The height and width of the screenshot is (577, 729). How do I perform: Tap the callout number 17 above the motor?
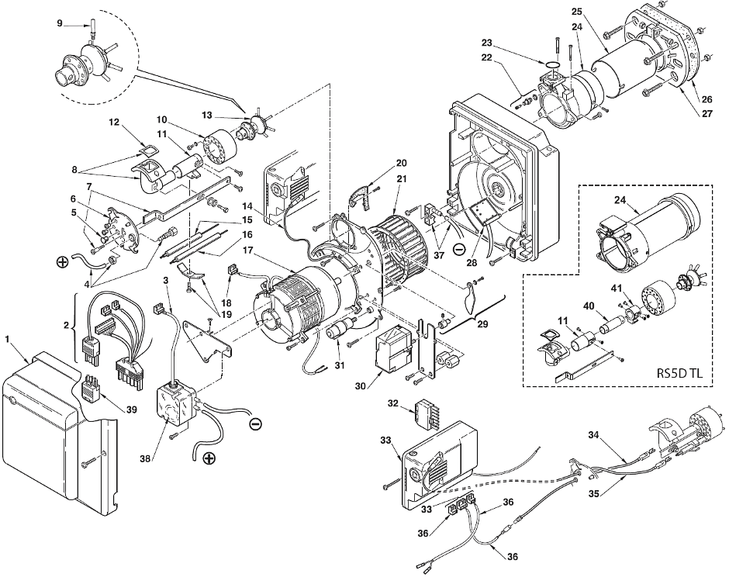point(247,251)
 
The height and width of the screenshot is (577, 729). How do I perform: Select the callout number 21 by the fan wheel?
point(402,179)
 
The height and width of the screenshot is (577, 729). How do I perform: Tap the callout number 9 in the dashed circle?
point(60,22)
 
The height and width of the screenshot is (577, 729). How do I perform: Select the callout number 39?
point(132,409)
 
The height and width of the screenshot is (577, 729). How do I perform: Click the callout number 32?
point(394,403)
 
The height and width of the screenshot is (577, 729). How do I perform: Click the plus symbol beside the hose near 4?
point(62,261)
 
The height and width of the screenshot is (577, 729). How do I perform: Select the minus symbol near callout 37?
point(458,249)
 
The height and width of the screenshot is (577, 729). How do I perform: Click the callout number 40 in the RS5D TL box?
point(589,306)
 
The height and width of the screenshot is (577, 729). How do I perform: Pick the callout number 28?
point(472,263)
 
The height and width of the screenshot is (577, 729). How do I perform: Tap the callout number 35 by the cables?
point(594,494)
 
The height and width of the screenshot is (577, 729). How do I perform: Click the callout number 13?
point(207,115)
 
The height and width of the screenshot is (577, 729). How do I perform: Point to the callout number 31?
point(340,365)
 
